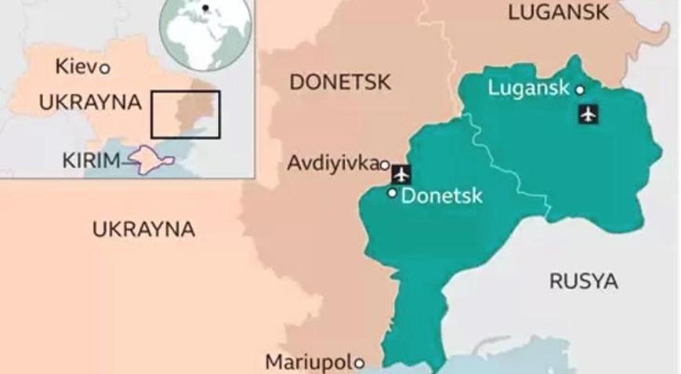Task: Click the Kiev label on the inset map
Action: click(x=75, y=67)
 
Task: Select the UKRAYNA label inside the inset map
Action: click(x=90, y=102)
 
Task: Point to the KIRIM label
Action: click(x=90, y=162)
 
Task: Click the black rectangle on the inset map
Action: click(x=186, y=114)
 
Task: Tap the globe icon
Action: click(x=206, y=29)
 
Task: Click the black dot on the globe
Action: click(x=205, y=9)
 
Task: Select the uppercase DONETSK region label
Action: click(x=340, y=82)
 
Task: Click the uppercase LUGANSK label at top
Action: click(x=558, y=12)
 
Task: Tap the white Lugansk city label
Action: click(x=528, y=88)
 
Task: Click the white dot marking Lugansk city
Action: click(x=580, y=90)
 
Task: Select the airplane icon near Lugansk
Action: click(x=588, y=114)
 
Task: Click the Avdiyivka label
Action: click(x=332, y=163)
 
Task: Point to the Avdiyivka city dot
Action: click(x=384, y=165)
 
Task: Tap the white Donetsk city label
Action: click(x=441, y=196)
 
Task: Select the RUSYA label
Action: click(x=583, y=281)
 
